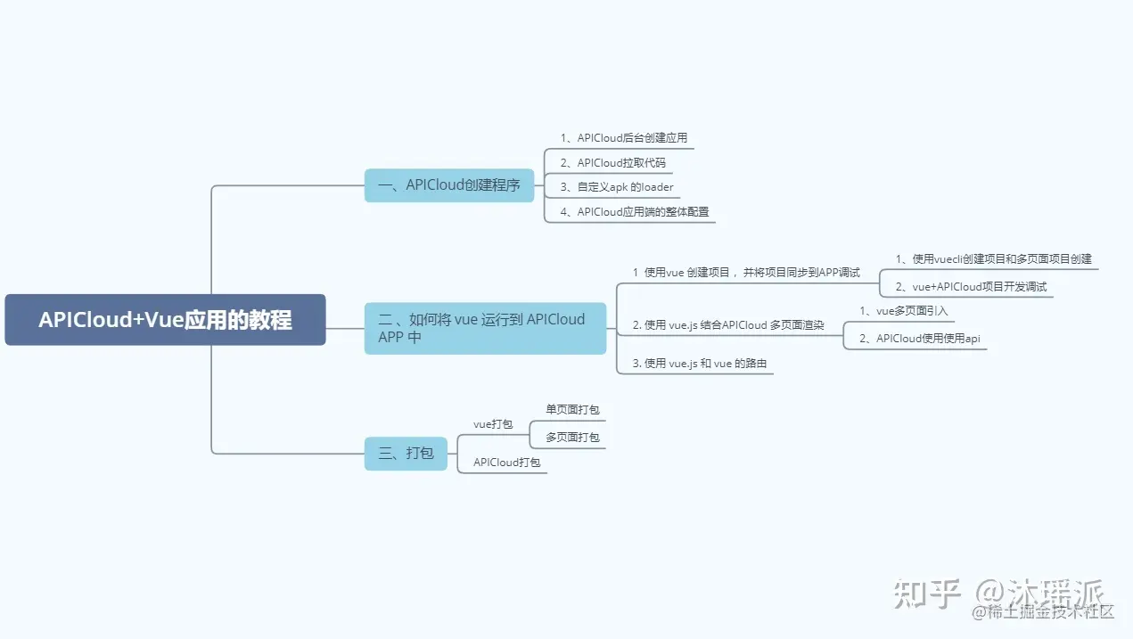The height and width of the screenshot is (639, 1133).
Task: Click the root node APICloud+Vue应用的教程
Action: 165,320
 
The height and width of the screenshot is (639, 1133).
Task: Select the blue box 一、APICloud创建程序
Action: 449,185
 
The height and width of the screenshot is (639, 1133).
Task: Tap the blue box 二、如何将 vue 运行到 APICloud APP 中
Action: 485,328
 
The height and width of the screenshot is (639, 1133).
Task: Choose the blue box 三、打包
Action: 406,454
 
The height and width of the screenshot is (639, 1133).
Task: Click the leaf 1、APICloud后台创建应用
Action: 623,138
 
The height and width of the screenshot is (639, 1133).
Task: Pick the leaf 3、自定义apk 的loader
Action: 617,187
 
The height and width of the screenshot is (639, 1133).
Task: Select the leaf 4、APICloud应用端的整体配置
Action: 634,212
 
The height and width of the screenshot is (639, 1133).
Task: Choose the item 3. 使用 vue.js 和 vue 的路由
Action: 699,364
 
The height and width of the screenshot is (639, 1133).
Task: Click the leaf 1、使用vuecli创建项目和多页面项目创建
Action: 993,259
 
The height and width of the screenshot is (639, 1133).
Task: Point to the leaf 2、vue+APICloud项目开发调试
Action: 971,287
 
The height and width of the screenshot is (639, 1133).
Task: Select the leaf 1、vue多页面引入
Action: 903,311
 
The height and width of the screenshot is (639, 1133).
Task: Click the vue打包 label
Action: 493,424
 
